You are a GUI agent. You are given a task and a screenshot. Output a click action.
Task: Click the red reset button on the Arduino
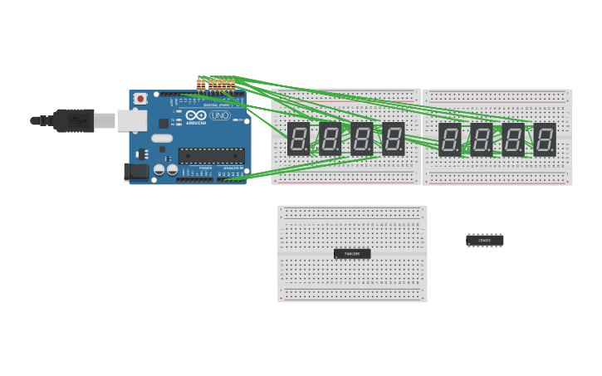140,99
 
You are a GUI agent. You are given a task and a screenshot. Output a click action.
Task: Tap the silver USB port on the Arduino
131,120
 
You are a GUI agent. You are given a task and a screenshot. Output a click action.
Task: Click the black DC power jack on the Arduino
136,172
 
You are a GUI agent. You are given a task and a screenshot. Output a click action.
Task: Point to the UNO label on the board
220,115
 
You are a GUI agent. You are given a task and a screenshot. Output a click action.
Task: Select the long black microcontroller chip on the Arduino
212,155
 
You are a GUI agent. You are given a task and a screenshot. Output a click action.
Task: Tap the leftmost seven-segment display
298,139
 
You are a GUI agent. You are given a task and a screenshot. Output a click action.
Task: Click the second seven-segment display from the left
330,139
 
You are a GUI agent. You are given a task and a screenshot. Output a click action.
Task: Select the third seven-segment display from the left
362,139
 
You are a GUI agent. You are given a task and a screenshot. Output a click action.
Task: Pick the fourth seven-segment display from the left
394,139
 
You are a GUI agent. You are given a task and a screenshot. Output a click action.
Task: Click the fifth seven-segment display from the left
450,139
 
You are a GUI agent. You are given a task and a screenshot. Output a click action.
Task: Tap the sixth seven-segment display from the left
482,139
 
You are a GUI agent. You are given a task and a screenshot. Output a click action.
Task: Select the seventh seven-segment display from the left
513,139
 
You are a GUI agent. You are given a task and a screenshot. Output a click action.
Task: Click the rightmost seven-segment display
545,139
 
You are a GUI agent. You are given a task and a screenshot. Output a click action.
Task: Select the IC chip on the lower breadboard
352,253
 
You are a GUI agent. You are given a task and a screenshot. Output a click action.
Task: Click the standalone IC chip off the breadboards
485,241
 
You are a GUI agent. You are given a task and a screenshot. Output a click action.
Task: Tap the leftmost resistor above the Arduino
199,82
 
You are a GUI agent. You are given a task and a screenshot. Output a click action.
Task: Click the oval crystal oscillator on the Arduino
162,139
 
